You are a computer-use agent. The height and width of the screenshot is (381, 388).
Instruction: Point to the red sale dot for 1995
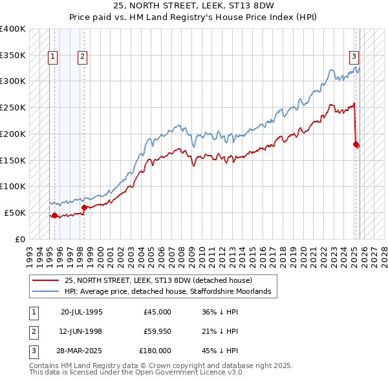click(x=54, y=216)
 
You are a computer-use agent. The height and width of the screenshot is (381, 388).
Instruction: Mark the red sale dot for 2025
click(x=356, y=145)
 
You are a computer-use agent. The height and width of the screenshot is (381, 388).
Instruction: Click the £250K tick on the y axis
click(x=12, y=107)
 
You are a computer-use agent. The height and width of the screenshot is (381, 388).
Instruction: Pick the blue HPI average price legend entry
click(x=171, y=292)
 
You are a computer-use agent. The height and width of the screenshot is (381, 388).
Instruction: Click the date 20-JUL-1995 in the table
click(x=81, y=312)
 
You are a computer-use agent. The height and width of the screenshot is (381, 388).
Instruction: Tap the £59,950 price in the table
click(x=158, y=331)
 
